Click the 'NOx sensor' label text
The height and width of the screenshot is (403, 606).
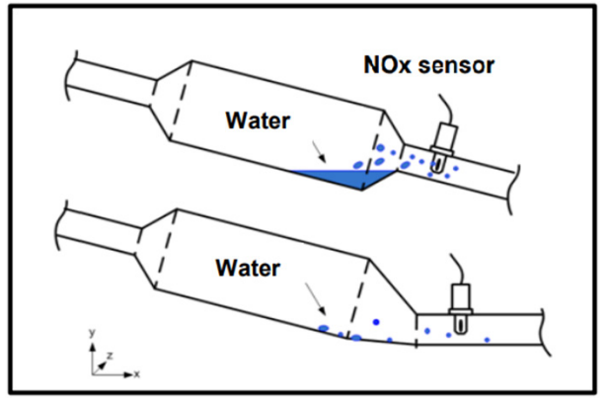pyautogui.click(x=429, y=65)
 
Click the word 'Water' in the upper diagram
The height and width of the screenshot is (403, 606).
pyautogui.click(x=258, y=121)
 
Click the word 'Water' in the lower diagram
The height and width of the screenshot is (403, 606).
pyautogui.click(x=248, y=268)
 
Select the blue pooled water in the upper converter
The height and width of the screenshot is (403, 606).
pyautogui.click(x=347, y=178)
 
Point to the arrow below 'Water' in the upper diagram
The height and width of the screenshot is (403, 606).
pyautogui.click(x=319, y=151)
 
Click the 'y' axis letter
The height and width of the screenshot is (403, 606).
pyautogui.click(x=92, y=333)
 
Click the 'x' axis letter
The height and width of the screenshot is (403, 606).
pyautogui.click(x=136, y=374)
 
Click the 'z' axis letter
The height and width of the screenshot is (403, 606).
pyautogui.click(x=110, y=355)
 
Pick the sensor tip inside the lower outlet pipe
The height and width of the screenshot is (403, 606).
pyautogui.click(x=460, y=325)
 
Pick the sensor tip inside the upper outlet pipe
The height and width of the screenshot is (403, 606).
pyautogui.click(x=437, y=164)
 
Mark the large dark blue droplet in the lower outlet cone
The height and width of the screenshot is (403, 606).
pyautogui.click(x=376, y=322)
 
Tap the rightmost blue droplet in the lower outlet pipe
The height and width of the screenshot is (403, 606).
pyautogui.click(x=487, y=340)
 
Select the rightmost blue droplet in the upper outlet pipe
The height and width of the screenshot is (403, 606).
pyautogui.click(x=456, y=168)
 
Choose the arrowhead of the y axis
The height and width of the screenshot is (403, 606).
pyautogui.click(x=92, y=347)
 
